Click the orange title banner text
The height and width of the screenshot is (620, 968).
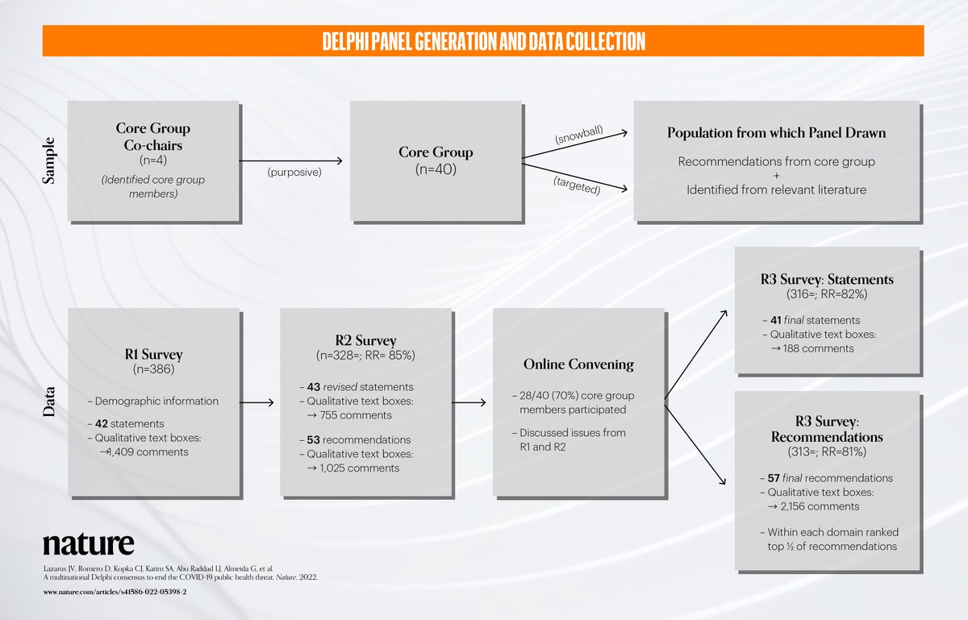[x=483, y=41]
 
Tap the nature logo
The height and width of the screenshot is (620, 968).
[x=89, y=543]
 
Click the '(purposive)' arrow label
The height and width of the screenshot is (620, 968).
[x=294, y=172]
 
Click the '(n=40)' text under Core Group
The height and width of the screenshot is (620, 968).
[x=436, y=169]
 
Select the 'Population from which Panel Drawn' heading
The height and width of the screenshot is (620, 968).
[x=776, y=133]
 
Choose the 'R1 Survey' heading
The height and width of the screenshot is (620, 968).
[x=153, y=354]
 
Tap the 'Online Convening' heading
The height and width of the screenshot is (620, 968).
[x=578, y=364]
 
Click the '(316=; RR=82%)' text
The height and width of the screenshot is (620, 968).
[x=828, y=294]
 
